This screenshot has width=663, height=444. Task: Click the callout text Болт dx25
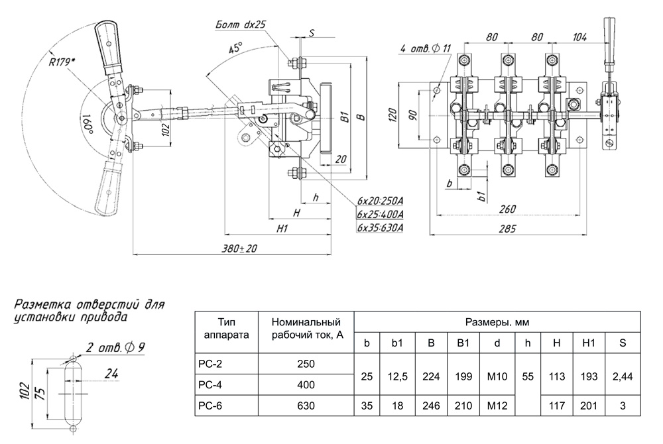240,25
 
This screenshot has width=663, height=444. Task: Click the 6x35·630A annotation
380,227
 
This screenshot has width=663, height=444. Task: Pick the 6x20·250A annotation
380,200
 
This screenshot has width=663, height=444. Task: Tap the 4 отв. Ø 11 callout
426,48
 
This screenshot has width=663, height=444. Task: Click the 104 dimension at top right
579,38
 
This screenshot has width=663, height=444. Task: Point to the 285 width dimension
509,230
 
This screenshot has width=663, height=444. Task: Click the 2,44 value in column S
621,376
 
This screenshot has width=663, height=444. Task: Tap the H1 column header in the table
587,343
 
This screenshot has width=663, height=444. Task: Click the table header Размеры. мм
498,323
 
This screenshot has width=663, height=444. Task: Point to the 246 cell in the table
431,405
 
